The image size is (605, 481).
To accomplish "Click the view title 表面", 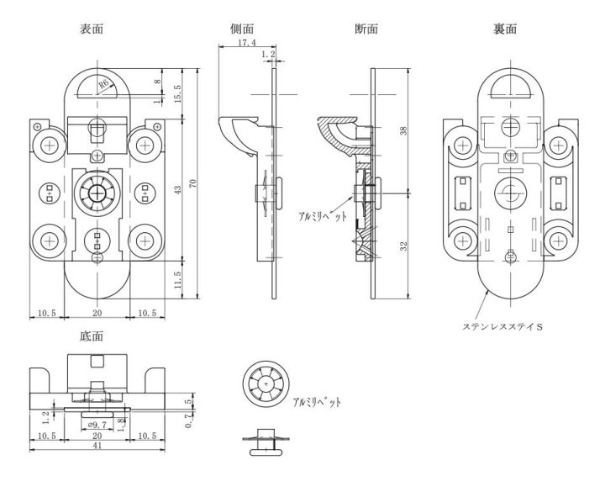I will (92, 29).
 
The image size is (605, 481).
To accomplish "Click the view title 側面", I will (242, 29).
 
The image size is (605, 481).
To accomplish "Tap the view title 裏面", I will (505, 29).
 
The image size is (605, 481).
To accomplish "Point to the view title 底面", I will (92, 336).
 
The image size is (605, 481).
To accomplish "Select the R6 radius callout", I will (103, 85).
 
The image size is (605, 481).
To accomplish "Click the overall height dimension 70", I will (192, 183).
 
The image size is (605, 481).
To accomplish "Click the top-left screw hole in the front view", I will (50, 145).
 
